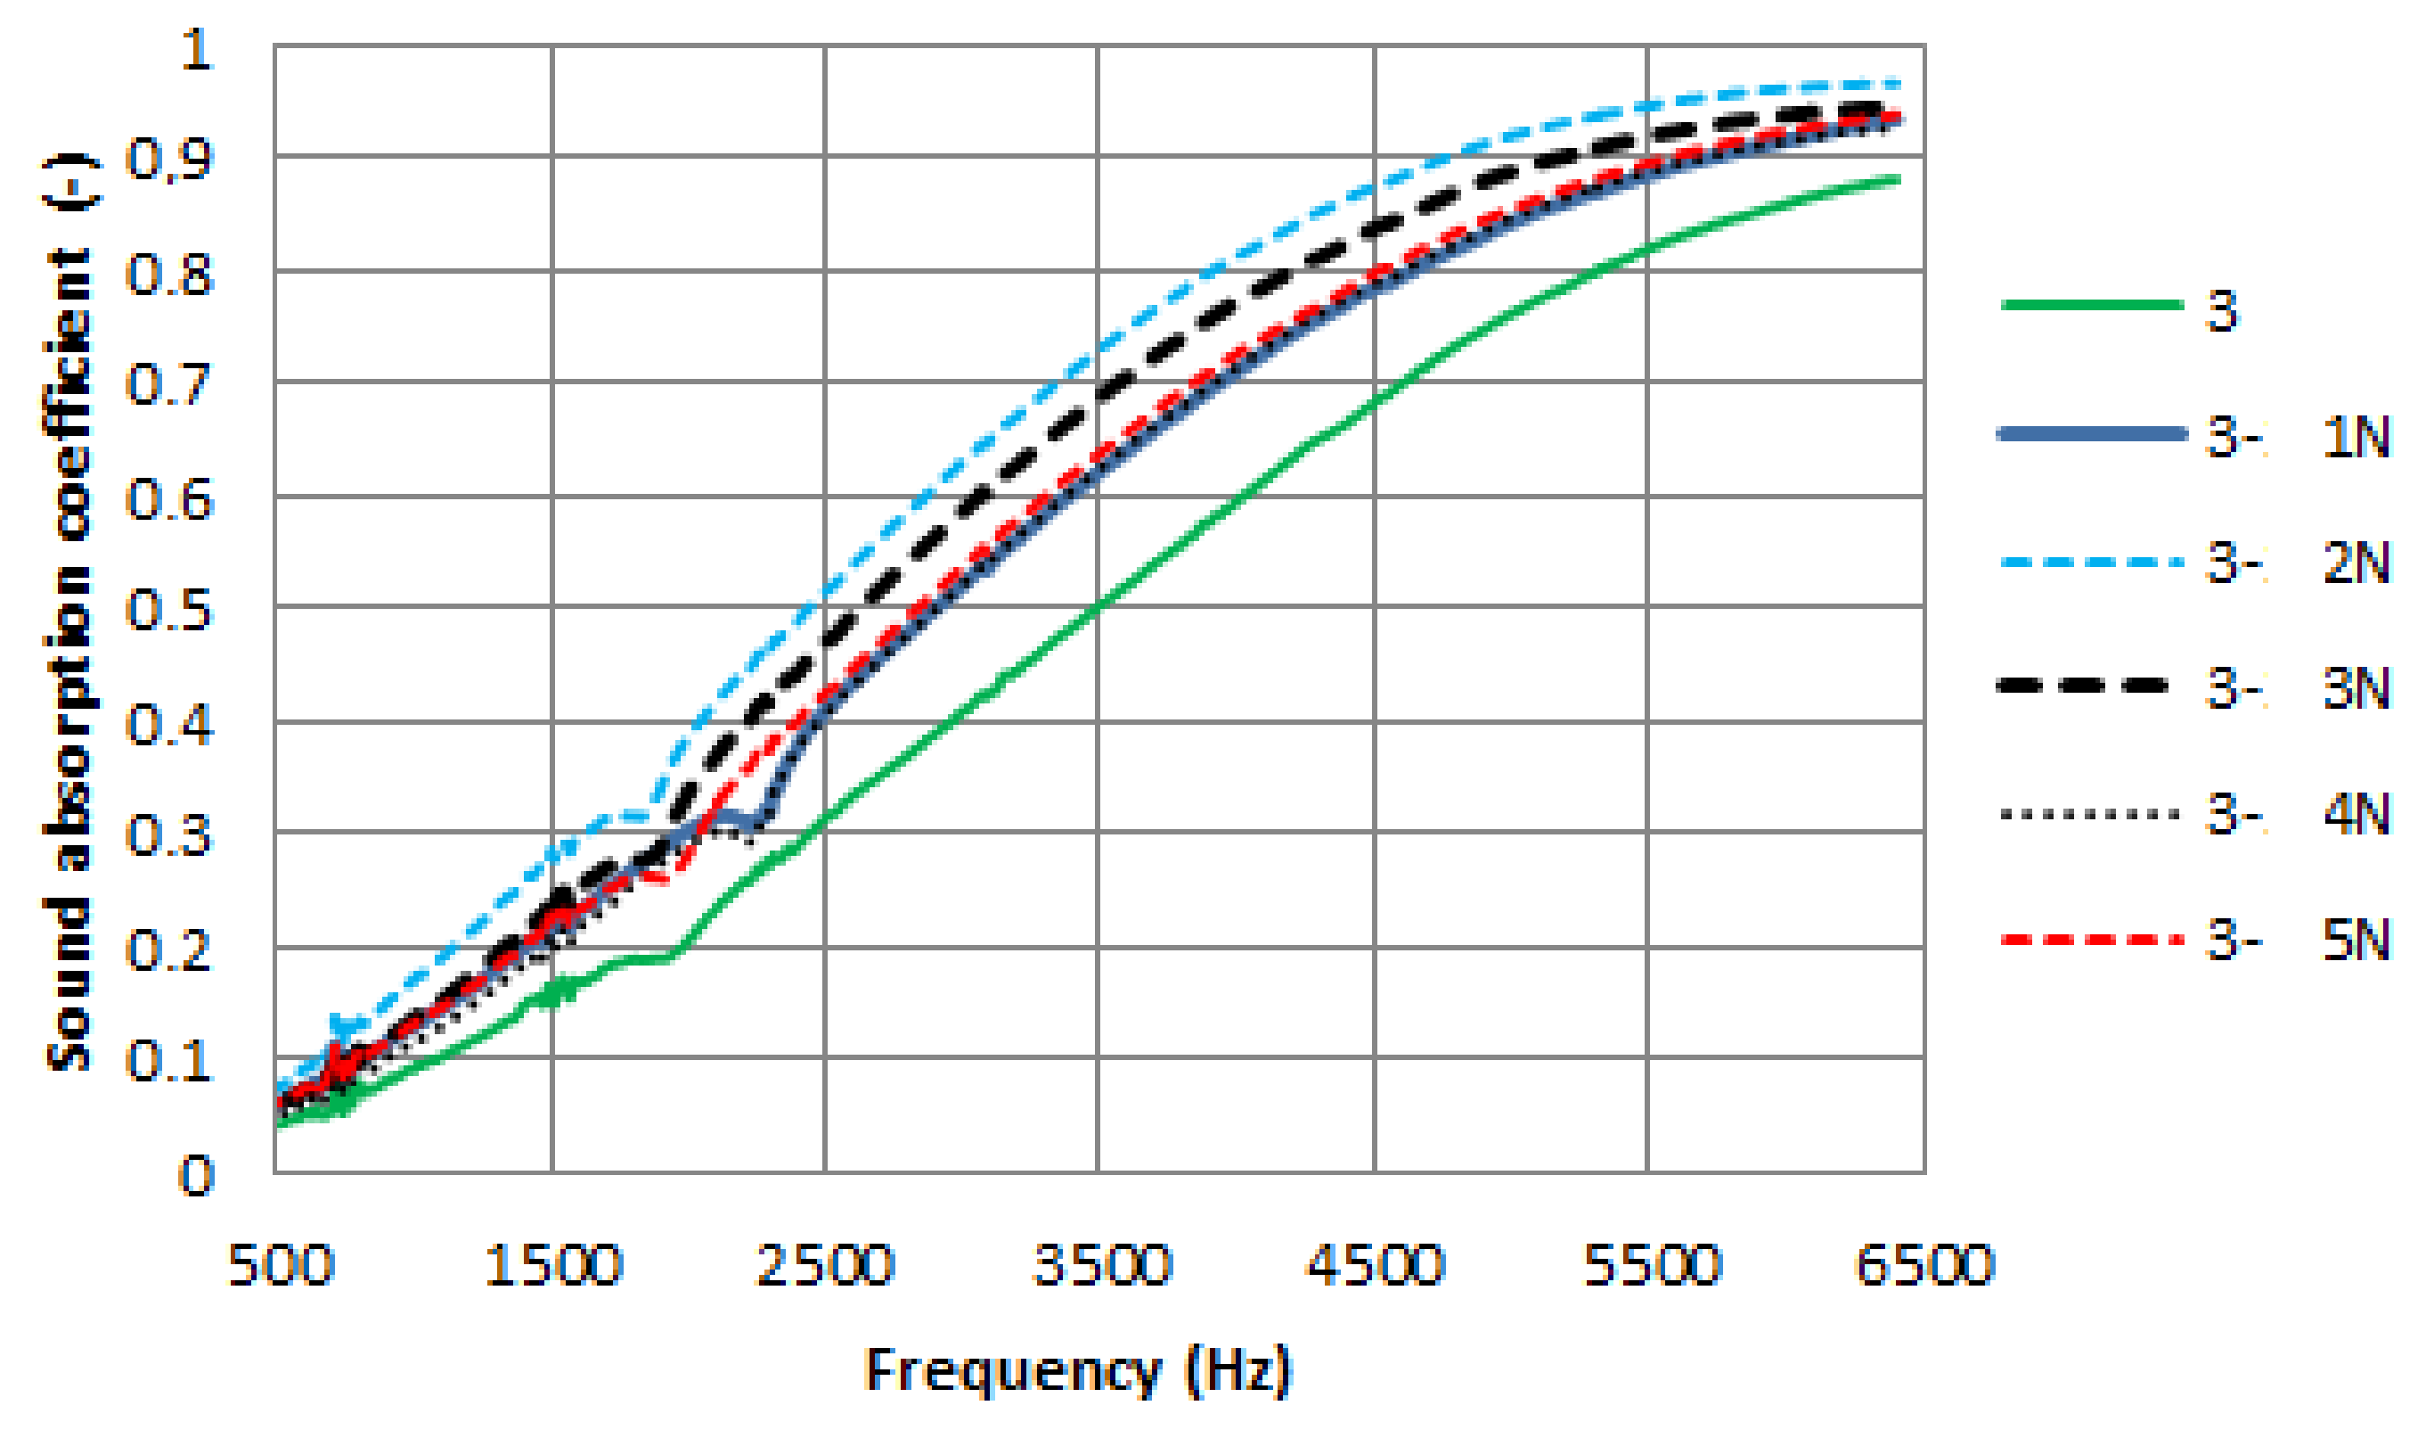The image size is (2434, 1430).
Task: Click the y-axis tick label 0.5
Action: pyautogui.click(x=168, y=612)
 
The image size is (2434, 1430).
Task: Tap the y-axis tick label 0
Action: pyautogui.click(x=196, y=1177)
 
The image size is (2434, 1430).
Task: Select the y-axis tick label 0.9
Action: pyautogui.click(x=168, y=160)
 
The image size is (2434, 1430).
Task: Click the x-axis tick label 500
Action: pyautogui.click(x=280, y=1265)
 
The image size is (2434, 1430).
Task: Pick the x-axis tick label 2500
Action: pyautogui.click(x=825, y=1265)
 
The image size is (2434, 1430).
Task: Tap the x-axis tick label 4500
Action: pyautogui.click(x=1375, y=1265)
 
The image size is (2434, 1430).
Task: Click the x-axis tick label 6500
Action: pyautogui.click(x=1924, y=1265)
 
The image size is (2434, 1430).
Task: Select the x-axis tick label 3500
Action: pyautogui.click(x=1101, y=1265)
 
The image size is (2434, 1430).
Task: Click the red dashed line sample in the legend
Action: pyautogui.click(x=2091, y=939)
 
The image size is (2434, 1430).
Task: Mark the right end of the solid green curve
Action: pyautogui.click(x=1898, y=178)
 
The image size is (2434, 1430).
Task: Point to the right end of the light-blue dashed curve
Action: pyautogui.click(x=1898, y=84)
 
